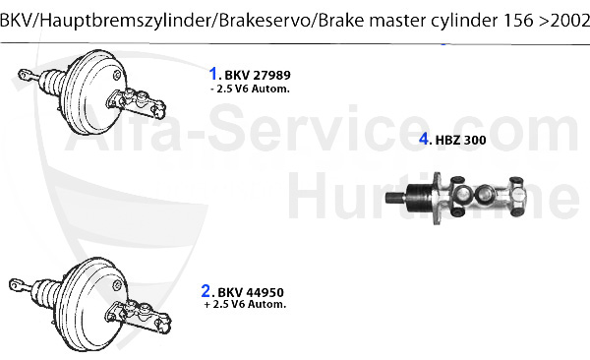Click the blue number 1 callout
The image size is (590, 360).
coord(212,72)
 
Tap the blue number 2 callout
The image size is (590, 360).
coord(206,290)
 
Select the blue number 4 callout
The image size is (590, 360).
coord(424,139)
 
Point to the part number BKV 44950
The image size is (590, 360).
coord(252,291)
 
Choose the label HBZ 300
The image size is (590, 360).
coord(460,140)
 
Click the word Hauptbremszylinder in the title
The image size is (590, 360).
coord(111,12)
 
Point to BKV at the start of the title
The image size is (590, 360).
coord(16,12)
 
